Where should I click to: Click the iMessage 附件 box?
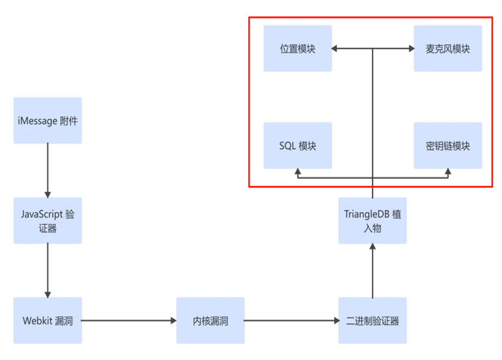pyautogui.click(x=48, y=121)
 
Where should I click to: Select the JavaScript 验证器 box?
pyautogui.click(x=48, y=221)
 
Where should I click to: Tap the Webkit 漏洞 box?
pyautogui.click(x=48, y=321)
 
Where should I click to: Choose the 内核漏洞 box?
pyautogui.click(x=210, y=321)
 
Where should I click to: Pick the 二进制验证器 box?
pyautogui.click(x=372, y=321)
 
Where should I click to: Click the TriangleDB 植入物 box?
pyautogui.click(x=372, y=221)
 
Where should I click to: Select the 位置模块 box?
pyautogui.click(x=297, y=49)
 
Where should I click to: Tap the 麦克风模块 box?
pyautogui.click(x=448, y=49)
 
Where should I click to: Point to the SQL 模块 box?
pyautogui.click(x=297, y=146)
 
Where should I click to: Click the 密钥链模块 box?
pyautogui.click(x=448, y=146)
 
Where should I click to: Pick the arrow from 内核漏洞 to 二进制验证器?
pyautogui.click(x=291, y=321)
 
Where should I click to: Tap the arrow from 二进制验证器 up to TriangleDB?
pyautogui.click(x=372, y=270)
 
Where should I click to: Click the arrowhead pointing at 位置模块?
pyautogui.click(x=335, y=49)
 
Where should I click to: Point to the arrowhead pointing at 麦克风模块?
pyautogui.click(x=410, y=49)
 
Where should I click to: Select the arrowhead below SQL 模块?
pyautogui.click(x=297, y=173)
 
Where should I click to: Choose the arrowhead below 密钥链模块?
pyautogui.click(x=448, y=173)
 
